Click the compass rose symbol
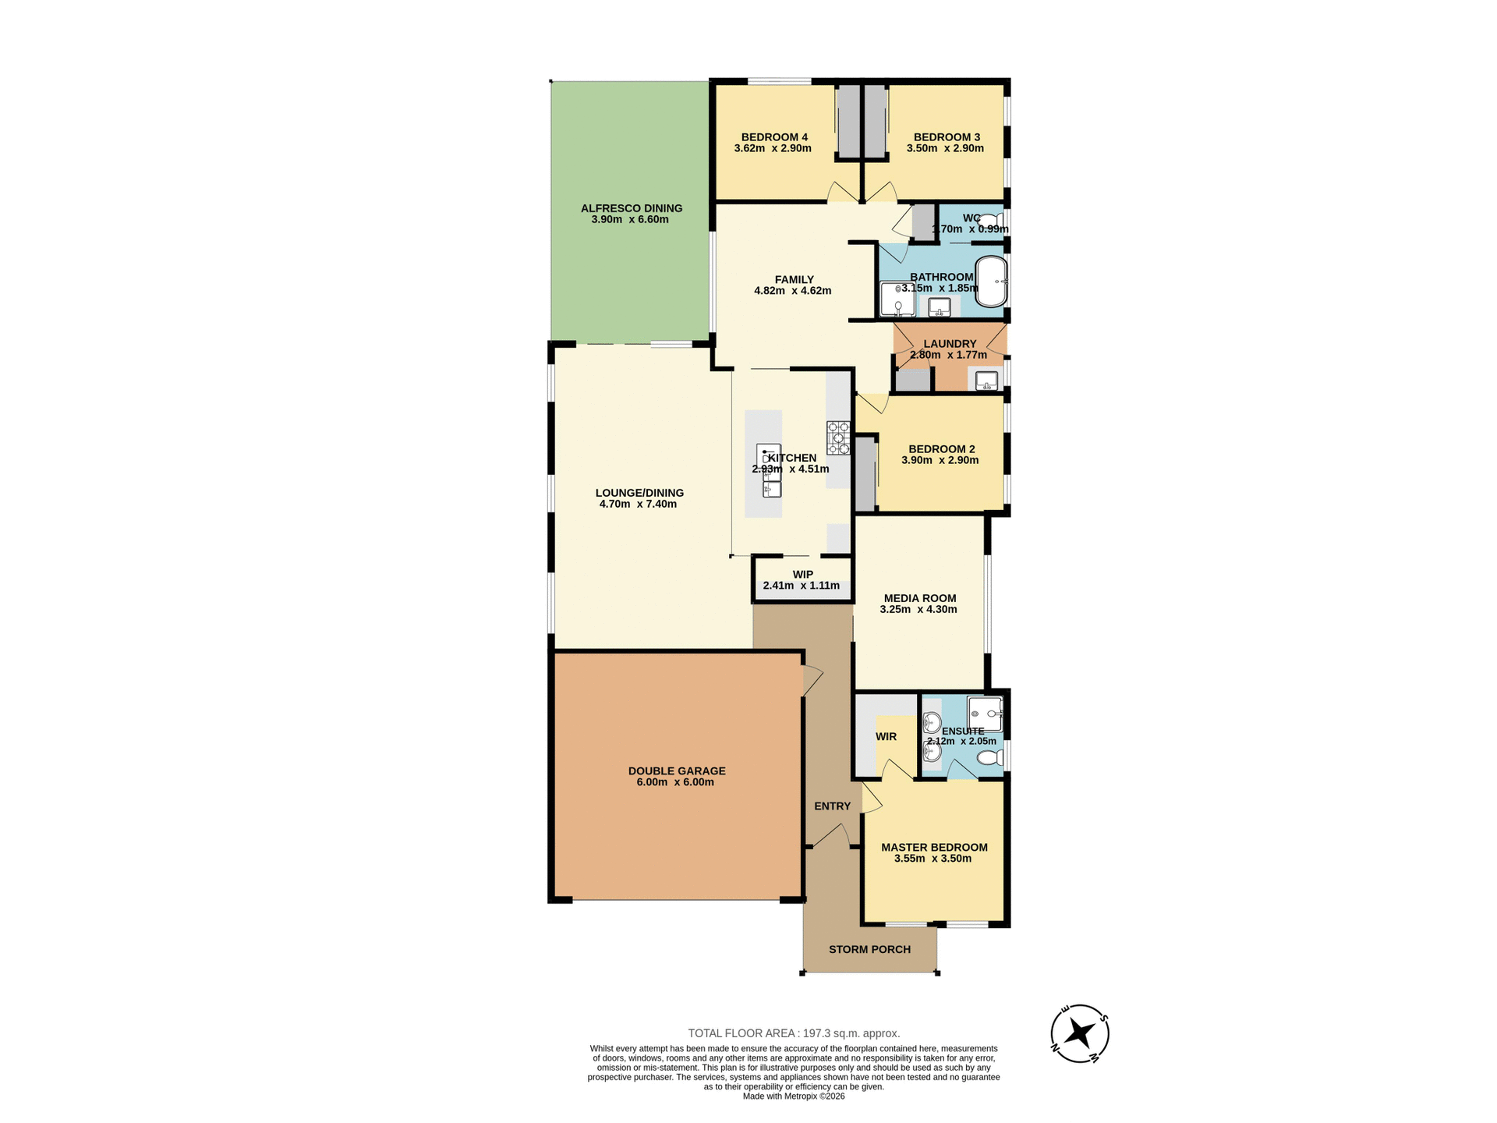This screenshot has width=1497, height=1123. [1079, 1033]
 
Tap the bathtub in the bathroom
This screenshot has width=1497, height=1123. [992, 281]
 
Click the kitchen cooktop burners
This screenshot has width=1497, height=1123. [838, 438]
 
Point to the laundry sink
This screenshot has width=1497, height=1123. [986, 381]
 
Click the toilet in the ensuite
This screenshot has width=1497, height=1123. [990, 757]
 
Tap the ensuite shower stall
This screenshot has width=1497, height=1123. [984, 713]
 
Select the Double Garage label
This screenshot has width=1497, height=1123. [677, 771]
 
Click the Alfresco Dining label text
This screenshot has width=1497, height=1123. [631, 208]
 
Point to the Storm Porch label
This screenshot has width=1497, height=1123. [869, 949]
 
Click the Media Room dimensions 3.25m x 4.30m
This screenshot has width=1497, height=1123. [918, 610]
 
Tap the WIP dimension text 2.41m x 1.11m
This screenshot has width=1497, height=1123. [802, 586]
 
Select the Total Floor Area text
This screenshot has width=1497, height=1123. [794, 1033]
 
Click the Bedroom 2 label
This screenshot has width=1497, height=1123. [941, 449]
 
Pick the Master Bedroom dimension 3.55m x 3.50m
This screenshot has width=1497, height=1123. [933, 859]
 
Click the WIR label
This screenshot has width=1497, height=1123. [886, 736]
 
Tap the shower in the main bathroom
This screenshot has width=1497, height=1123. [897, 299]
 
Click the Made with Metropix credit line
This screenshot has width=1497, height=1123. [794, 1096]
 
